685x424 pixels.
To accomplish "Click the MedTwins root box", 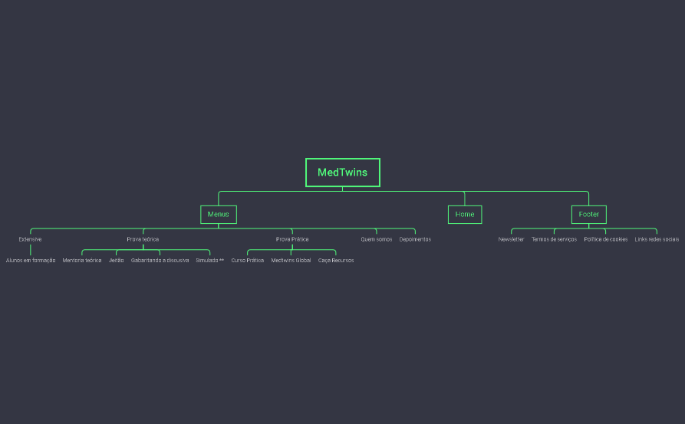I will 342,173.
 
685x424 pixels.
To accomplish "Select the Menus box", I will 218,215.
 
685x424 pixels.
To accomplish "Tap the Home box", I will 464,215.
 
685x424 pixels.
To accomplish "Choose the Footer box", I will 588,215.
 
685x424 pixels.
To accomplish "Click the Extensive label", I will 31,239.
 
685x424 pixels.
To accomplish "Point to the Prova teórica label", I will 143,239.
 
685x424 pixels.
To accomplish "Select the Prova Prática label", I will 292,239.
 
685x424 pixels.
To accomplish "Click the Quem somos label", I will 377,239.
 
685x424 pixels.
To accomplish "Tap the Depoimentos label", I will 415,239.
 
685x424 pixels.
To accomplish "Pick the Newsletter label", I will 511,239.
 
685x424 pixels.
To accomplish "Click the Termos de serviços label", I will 554,239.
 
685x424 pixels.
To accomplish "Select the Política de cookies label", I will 605,239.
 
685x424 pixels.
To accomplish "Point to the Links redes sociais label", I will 657,239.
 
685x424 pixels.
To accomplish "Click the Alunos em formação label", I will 31,261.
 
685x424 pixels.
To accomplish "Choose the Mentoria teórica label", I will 82,261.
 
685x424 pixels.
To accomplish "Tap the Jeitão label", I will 117,261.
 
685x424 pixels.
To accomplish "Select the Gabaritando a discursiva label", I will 160,261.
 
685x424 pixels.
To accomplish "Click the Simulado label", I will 209,261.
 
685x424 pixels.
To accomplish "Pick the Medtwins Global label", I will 291,261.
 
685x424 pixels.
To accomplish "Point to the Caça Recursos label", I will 336,261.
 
